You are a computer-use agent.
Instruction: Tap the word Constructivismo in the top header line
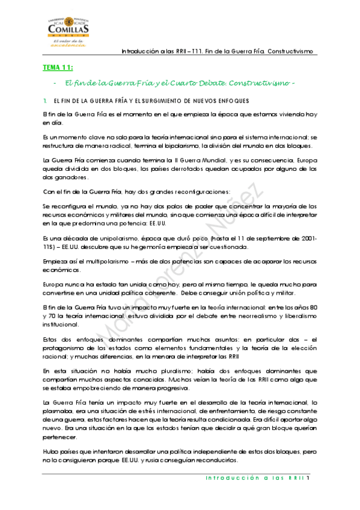tap(290, 51)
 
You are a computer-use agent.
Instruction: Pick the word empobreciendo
tap(69, 388)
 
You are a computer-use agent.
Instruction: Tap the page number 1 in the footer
tap(307, 479)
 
